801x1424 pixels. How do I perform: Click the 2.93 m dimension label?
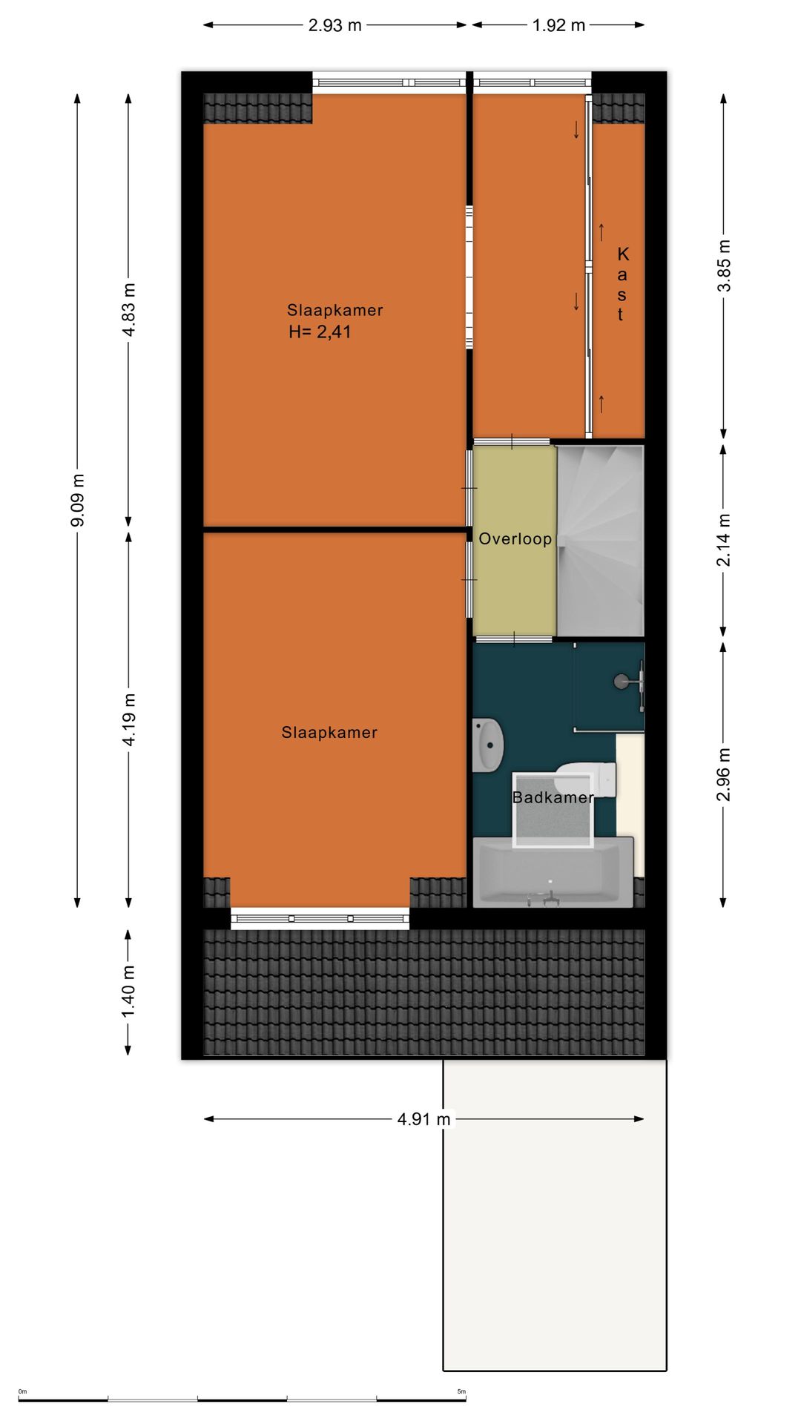(335, 25)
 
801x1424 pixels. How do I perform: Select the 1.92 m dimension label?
(558, 25)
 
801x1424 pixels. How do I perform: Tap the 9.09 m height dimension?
(77, 500)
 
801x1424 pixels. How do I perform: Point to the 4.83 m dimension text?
(129, 310)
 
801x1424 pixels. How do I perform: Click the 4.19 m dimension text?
(129, 719)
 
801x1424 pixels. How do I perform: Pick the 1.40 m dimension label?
(129, 992)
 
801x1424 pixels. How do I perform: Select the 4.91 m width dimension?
(424, 1119)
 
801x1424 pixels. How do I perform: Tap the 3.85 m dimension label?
(724, 266)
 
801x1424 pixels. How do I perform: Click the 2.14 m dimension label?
(724, 540)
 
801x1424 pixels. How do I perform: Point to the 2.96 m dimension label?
(724, 774)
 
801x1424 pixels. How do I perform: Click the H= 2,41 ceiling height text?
(320, 332)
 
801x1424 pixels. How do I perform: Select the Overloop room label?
(515, 539)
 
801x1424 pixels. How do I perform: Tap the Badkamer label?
(553, 798)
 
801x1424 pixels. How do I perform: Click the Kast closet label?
(622, 284)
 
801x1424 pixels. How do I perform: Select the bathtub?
(553, 872)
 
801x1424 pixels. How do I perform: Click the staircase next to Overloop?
(601, 540)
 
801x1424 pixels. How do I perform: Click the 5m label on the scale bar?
(461, 1391)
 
